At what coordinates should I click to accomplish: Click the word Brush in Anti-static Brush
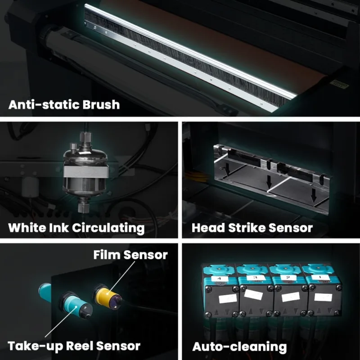coord(101,104)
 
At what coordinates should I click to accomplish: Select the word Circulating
coord(108,228)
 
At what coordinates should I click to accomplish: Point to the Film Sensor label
coord(130,255)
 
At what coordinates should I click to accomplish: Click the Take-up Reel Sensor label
coord(74,346)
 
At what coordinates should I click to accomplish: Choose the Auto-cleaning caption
coord(239,346)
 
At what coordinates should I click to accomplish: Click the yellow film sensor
coord(108,296)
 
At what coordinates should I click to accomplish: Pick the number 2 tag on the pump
coord(288,278)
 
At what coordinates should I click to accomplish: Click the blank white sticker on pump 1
coord(323,297)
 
